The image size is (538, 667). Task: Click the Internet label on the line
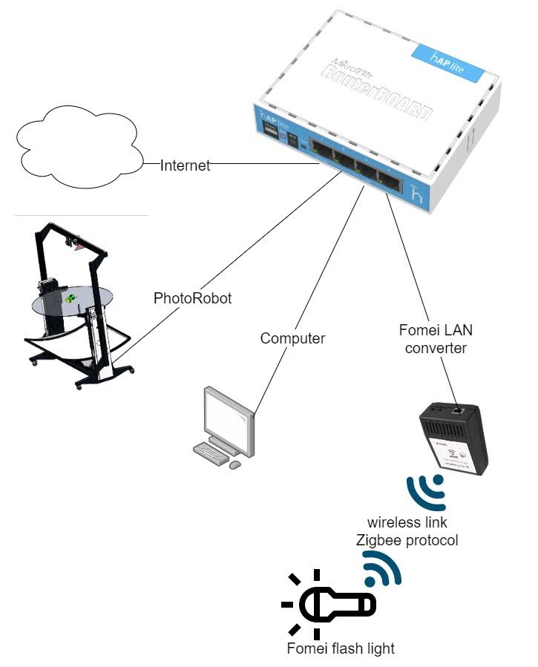(x=186, y=165)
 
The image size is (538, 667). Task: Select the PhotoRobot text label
(x=193, y=298)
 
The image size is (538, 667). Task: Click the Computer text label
(x=292, y=338)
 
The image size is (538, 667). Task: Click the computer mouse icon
(x=235, y=464)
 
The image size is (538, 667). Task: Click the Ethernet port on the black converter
(x=460, y=409)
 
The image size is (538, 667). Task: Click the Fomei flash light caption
(x=341, y=648)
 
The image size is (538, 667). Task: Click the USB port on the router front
(x=271, y=136)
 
